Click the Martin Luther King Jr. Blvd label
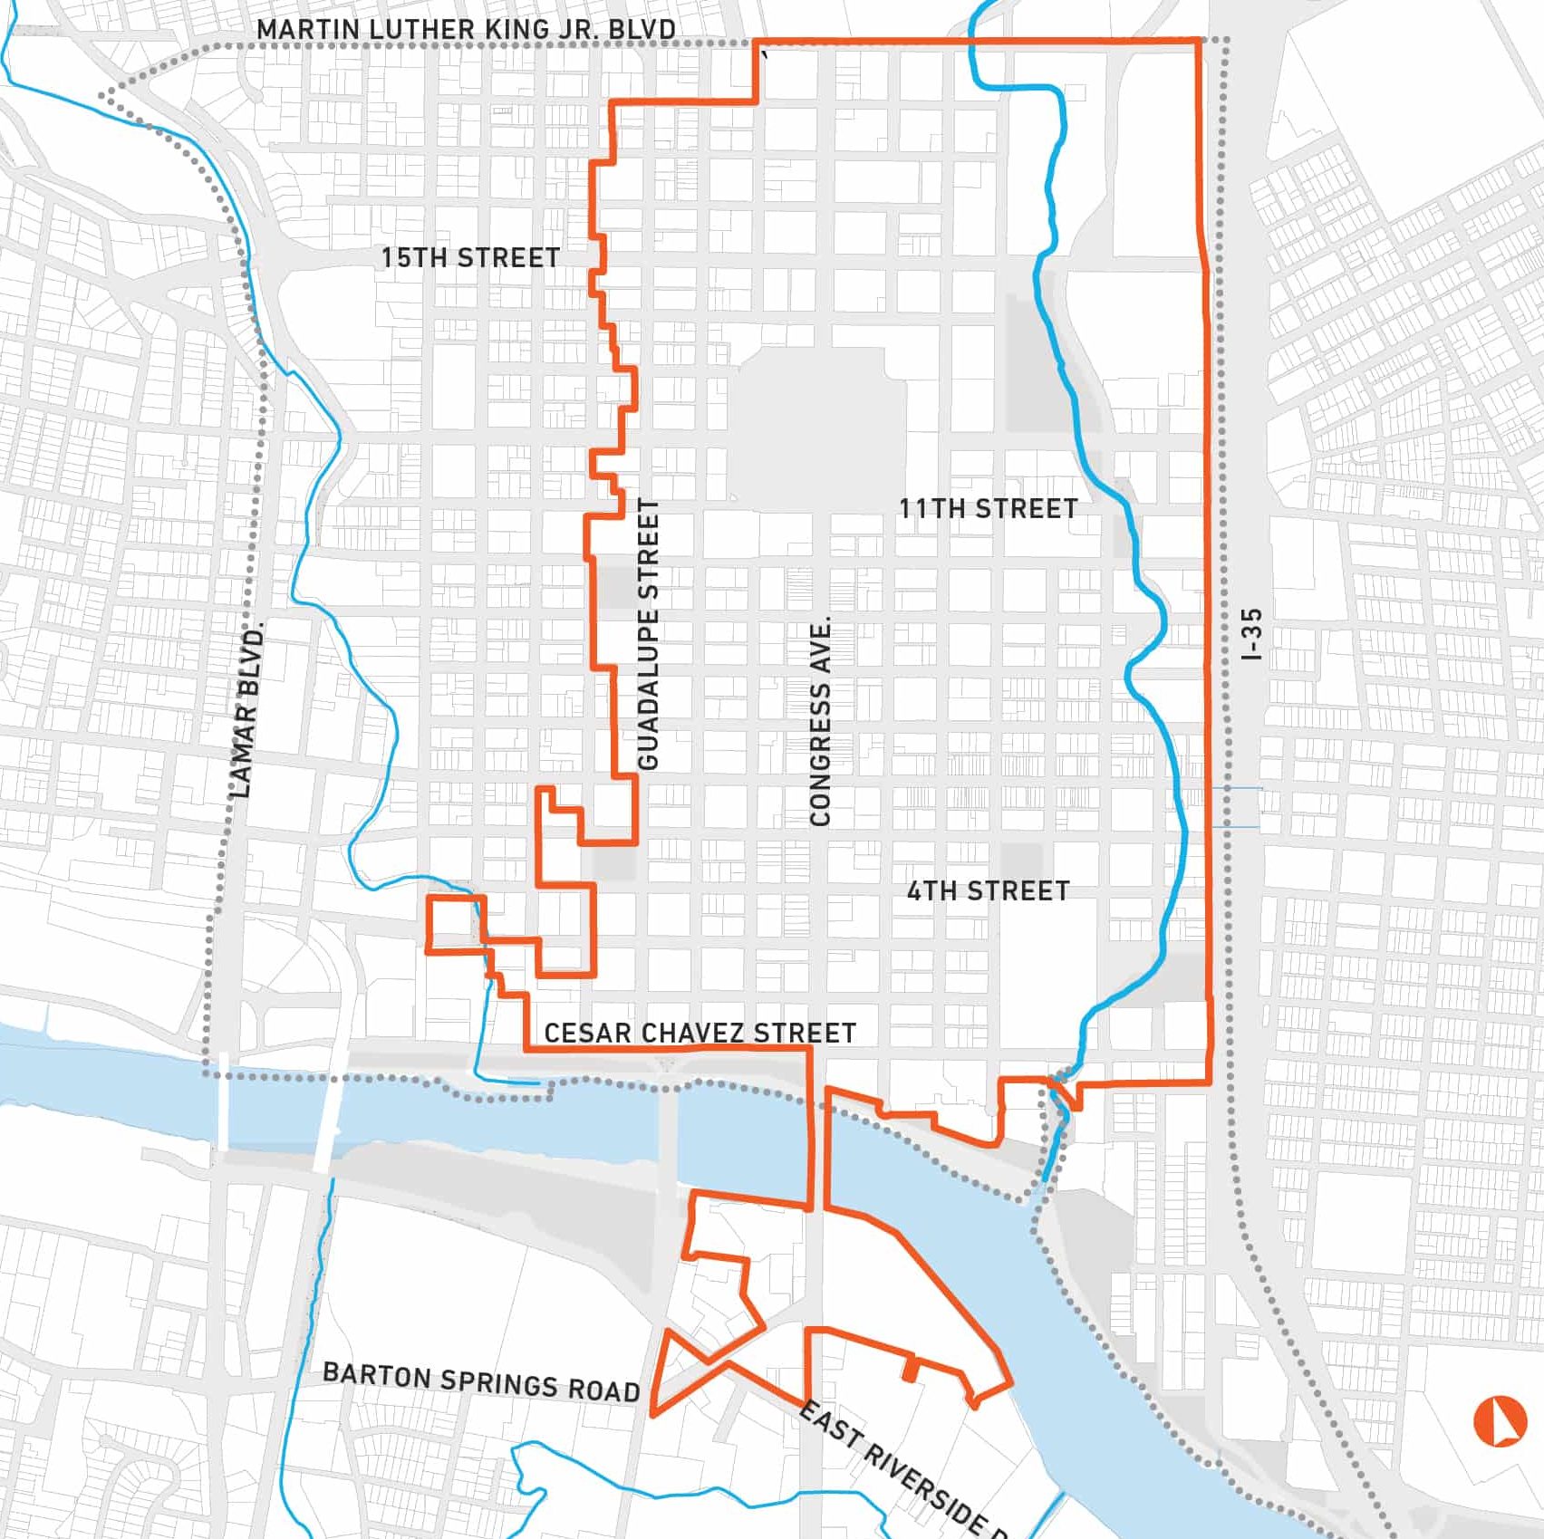[466, 29]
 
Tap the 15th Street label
[470, 257]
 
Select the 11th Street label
[988, 508]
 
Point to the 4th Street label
[988, 891]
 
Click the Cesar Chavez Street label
[700, 1033]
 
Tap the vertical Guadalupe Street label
[649, 634]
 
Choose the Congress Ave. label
[821, 722]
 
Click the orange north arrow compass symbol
[1500, 1421]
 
